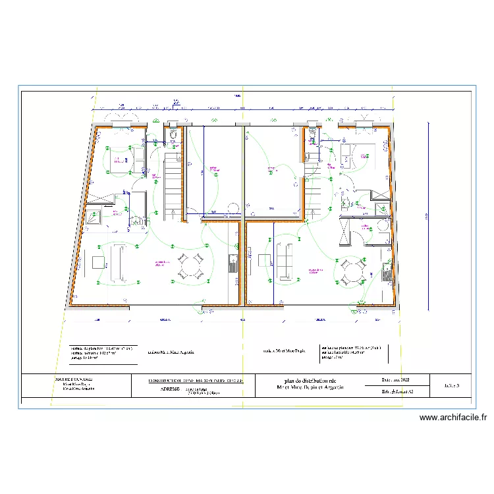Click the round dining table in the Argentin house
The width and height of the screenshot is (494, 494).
[190, 267]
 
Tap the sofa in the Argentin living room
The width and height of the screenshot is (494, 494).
[119, 263]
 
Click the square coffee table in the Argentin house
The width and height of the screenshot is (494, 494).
[98, 263]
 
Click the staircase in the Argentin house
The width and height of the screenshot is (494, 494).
[173, 181]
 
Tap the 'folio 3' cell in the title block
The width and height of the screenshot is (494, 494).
[451, 385]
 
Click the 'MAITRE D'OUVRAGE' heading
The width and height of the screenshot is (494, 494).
[74, 380]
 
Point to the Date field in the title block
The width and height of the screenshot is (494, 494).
[395, 380]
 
